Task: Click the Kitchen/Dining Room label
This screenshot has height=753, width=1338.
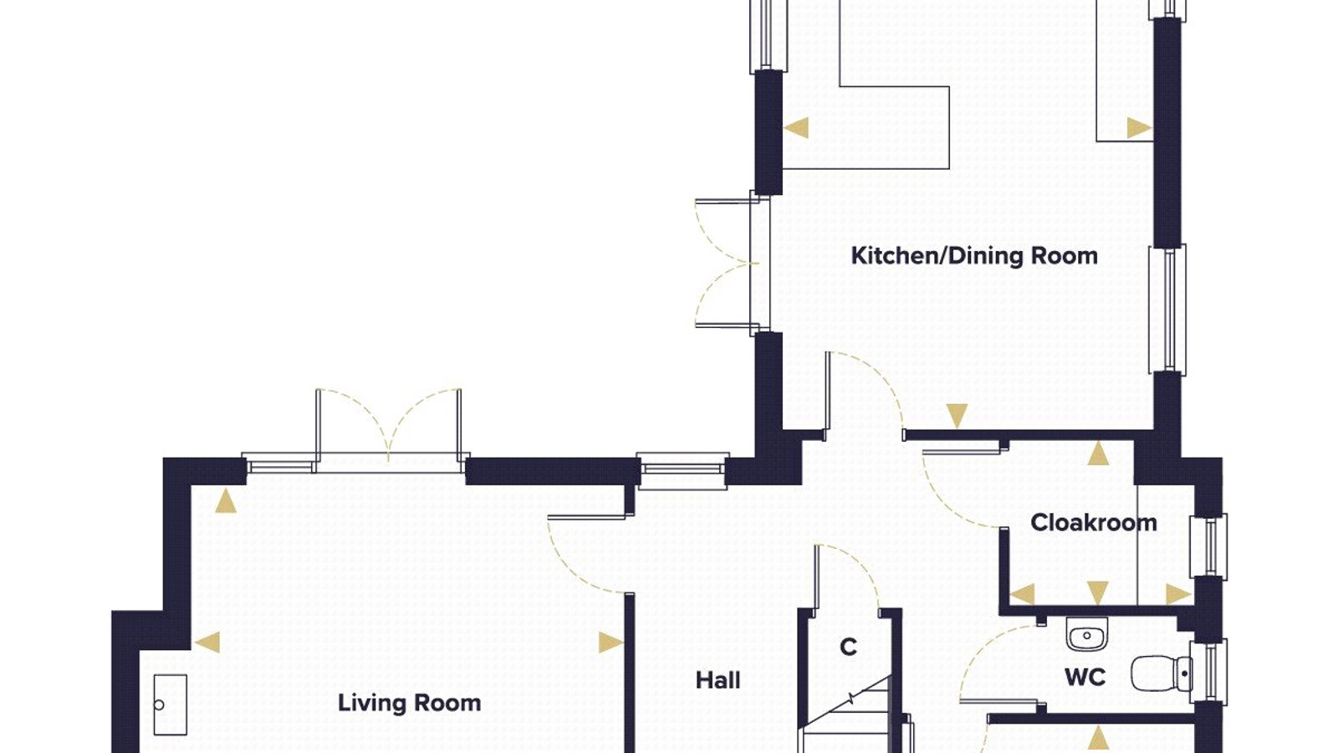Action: tap(973, 256)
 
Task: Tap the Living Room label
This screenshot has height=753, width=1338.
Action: tap(410, 703)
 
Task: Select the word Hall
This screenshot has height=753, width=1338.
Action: tap(718, 680)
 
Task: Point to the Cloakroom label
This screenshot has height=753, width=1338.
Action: tap(1094, 523)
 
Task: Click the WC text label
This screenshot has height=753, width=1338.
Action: tap(1085, 677)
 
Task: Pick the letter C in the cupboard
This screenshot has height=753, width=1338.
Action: tap(848, 647)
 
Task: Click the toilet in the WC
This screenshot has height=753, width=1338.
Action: tap(1162, 674)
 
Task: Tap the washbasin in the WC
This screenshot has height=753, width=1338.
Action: tap(1086, 635)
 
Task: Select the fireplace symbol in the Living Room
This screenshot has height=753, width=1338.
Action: tap(171, 705)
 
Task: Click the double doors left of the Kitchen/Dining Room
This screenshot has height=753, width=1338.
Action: tap(727, 263)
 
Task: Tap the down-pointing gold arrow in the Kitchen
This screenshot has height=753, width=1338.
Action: tap(957, 416)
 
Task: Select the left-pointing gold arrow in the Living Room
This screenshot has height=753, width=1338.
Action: tap(207, 643)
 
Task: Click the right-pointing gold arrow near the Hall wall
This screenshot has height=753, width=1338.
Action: tap(611, 643)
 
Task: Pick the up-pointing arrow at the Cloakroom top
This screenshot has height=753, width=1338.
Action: tap(1098, 453)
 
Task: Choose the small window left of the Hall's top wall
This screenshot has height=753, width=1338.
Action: tap(682, 469)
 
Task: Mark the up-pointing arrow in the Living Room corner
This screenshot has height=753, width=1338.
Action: tap(225, 501)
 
